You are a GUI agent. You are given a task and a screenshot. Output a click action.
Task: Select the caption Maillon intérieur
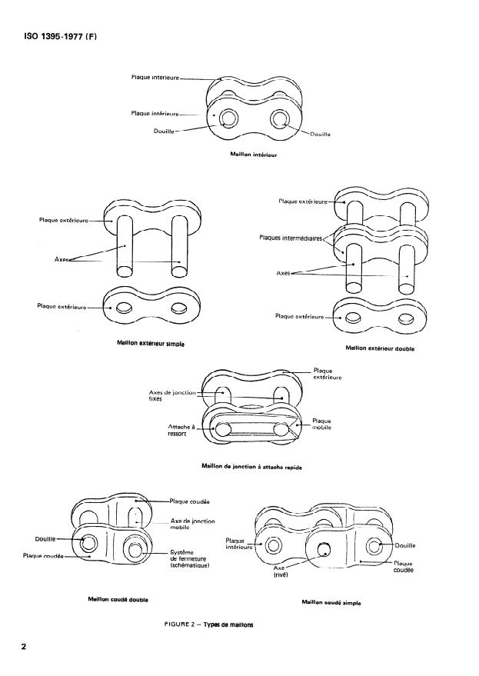pos(253,154)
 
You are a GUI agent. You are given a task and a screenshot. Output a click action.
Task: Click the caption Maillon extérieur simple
pos(151,343)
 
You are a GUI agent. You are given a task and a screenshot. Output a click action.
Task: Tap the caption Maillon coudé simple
pos(332,602)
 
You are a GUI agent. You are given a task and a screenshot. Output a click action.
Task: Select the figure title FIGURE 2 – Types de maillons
pos(208,624)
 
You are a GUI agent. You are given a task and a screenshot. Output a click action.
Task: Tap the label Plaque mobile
pos(321,424)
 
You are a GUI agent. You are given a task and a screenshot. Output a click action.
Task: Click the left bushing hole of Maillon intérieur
pos(228,118)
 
